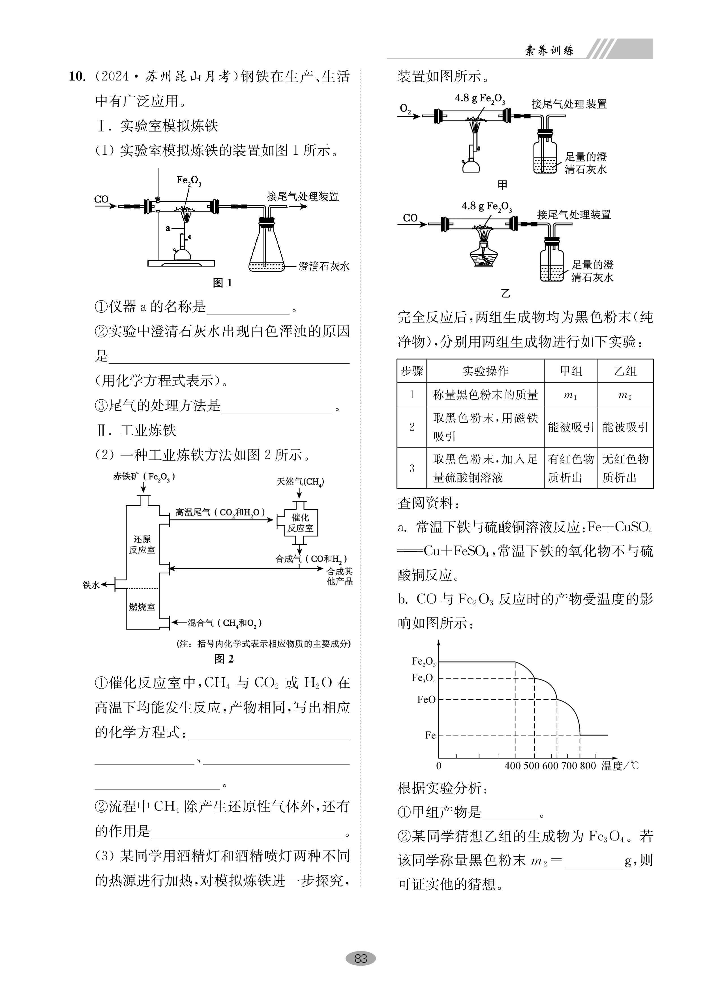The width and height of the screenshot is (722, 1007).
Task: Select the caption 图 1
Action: [222, 283]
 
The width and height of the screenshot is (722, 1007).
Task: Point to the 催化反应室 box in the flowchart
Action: [300, 523]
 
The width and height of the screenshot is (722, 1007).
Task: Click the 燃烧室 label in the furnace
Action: [142, 606]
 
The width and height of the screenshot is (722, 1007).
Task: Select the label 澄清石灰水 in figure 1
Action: [324, 266]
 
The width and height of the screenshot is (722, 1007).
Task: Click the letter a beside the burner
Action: [168, 228]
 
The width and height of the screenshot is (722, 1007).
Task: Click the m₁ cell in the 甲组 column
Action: [570, 395]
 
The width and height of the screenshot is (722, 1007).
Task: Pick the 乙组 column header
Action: [625, 371]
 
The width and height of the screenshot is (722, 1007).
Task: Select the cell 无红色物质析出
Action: [625, 468]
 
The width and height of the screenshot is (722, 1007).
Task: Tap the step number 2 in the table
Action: [412, 427]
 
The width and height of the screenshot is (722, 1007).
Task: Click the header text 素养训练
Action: [549, 50]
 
